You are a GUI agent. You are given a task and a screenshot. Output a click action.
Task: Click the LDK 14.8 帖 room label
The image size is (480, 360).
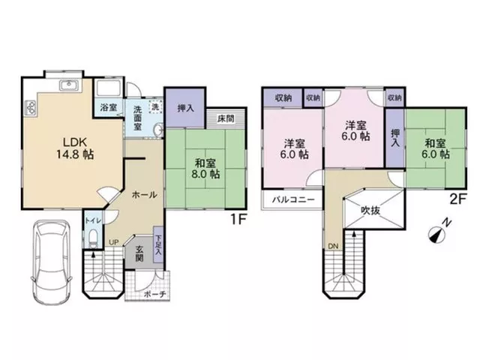click(75, 148)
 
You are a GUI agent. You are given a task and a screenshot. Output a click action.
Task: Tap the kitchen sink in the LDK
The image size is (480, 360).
click(70, 85)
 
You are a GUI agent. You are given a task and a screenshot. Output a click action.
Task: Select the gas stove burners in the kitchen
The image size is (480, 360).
click(30, 108)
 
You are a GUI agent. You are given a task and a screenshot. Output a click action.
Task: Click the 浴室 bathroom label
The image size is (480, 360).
click(109, 108)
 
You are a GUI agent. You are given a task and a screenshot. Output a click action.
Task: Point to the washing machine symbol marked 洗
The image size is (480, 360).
click(155, 107)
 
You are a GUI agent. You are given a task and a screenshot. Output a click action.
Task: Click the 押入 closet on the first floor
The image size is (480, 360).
click(185, 108)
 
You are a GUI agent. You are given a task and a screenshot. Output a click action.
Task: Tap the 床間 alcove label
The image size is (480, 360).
click(226, 118)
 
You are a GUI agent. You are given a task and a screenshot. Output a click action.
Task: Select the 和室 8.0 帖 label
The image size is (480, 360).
click(205, 168)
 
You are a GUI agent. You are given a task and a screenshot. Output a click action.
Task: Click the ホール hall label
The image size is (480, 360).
click(144, 195)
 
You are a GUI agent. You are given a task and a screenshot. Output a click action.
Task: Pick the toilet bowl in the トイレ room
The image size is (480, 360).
click(93, 238)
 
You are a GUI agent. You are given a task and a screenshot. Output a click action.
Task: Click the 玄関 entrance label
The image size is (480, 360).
click(139, 253)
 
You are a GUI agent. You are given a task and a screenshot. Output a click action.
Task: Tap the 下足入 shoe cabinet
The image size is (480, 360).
click(158, 244)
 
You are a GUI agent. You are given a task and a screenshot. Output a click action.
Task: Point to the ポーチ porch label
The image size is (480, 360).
click(154, 294)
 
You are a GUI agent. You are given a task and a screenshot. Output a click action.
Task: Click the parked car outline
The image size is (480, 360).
click(52, 262)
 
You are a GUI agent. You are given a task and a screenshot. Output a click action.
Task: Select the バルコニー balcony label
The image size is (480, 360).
click(293, 200)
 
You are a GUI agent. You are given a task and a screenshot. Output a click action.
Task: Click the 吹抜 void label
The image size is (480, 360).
click(370, 210)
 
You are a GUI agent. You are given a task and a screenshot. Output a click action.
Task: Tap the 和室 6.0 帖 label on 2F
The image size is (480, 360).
click(435, 148)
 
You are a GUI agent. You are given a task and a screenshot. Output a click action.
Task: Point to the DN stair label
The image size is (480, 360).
click(333, 246)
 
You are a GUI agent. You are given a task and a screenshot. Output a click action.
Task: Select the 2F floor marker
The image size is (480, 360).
click(457, 199)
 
